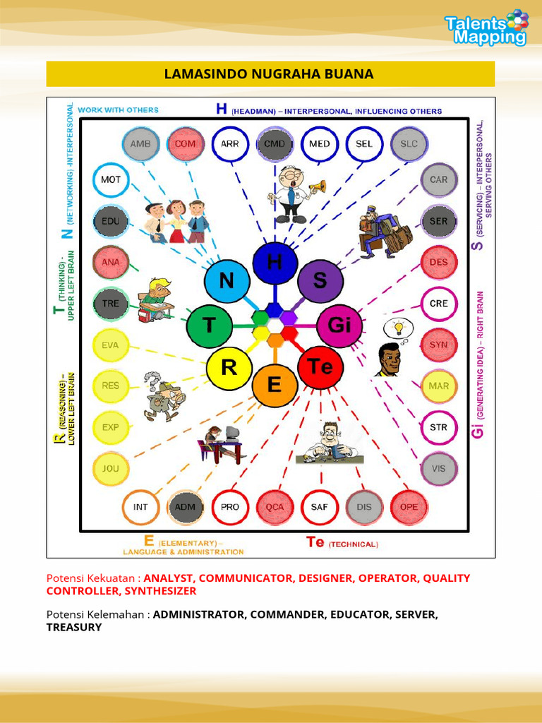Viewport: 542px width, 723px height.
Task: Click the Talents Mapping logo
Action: click(486, 28)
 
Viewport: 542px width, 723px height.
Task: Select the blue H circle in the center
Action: click(275, 263)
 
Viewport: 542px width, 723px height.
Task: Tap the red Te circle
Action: click(321, 367)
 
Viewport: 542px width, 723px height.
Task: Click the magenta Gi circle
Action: click(339, 325)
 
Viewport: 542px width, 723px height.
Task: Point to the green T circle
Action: click(209, 325)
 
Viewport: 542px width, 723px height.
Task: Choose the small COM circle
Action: click(185, 144)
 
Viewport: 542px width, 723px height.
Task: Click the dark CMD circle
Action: click(275, 144)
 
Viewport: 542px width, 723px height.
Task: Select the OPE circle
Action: click(409, 507)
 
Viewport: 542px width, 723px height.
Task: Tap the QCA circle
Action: click(275, 507)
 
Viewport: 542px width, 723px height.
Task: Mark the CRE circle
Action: click(439, 304)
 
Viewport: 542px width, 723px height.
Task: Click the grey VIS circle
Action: click(439, 469)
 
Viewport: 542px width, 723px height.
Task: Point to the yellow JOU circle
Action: click(111, 469)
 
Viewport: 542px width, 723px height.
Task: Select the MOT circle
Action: click(111, 180)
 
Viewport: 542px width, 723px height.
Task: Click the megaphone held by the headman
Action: click(317, 186)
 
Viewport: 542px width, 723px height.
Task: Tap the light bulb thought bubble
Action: click(398, 329)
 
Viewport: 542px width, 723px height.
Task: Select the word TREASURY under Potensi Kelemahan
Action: click(73, 627)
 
